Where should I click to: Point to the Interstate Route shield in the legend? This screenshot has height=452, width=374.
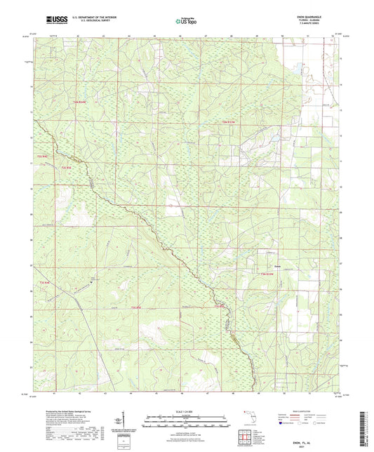click(286, 423)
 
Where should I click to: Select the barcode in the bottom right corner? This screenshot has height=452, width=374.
click(367, 428)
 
